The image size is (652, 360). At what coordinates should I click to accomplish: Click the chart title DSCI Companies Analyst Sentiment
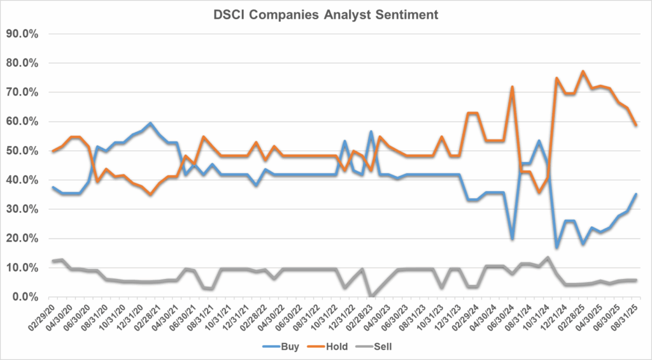325,13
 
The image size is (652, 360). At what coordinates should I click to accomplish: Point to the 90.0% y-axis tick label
24,34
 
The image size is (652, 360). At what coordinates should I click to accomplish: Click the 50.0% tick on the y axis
24,151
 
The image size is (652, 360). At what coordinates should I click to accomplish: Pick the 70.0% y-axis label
24,92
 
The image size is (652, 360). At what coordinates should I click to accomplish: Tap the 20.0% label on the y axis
24,238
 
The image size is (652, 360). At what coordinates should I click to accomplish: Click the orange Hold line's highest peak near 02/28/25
583,71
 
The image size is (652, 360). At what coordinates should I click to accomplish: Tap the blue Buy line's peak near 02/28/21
150,123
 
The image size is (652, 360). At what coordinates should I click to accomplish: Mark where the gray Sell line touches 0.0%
371,296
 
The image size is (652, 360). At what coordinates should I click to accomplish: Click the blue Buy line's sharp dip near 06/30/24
512,239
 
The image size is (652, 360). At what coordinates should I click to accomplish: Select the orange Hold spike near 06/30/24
512,87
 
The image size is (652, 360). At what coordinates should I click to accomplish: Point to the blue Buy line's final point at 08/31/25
636,194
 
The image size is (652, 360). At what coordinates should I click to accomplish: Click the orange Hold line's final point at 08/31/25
636,125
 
